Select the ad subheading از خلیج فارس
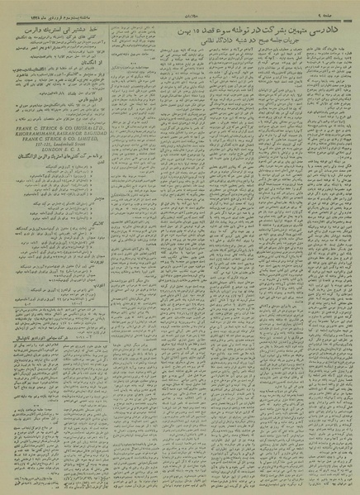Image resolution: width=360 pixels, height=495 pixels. [x=101, y=96]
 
